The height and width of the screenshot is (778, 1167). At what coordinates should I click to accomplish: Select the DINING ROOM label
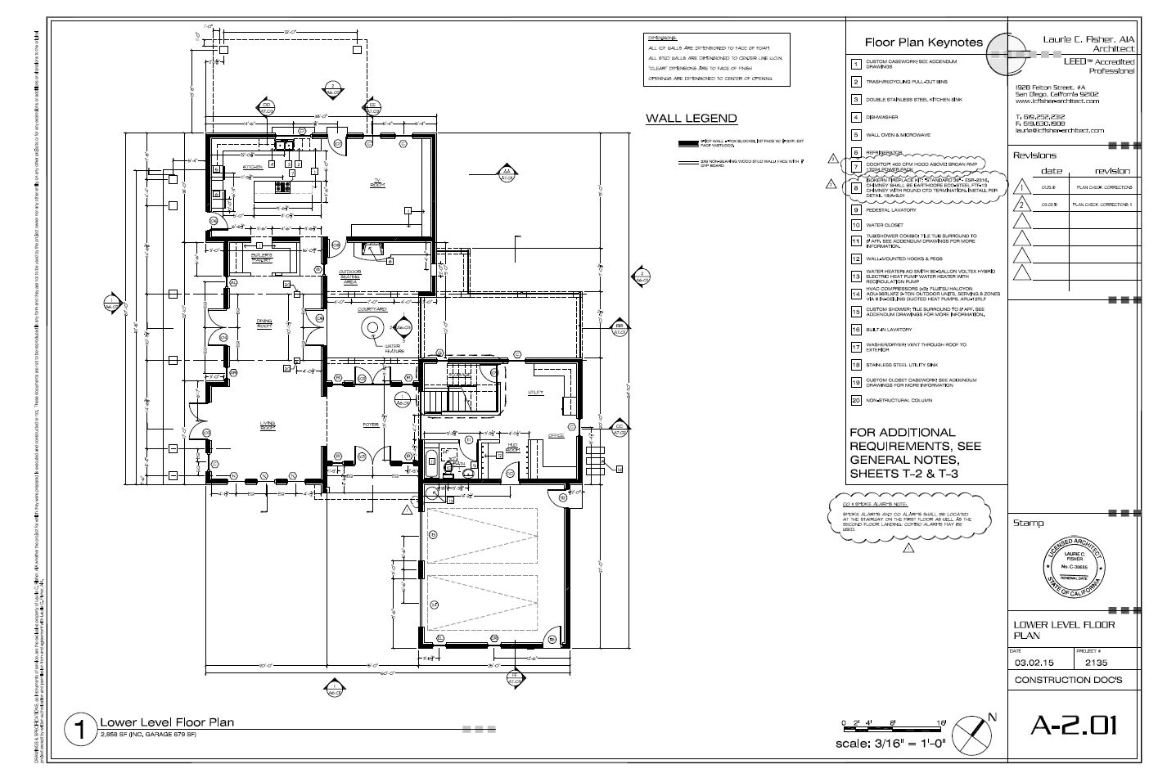(264, 325)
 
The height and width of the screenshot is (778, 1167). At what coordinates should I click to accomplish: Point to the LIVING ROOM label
(268, 425)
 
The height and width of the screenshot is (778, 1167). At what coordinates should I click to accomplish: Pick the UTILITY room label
(535, 393)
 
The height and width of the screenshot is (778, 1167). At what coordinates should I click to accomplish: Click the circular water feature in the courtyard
(372, 327)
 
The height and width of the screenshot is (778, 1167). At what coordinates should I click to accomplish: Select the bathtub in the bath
(431, 462)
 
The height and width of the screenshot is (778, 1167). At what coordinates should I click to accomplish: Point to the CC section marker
(620, 427)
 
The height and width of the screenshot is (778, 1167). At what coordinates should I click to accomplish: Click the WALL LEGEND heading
(691, 119)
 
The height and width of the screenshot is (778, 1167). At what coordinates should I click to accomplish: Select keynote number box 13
(855, 276)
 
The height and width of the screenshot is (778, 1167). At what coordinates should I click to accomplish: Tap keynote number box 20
(855, 401)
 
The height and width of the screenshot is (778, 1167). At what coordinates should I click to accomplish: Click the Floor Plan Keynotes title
(923, 43)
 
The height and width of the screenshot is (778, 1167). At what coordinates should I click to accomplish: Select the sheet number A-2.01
(1073, 725)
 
